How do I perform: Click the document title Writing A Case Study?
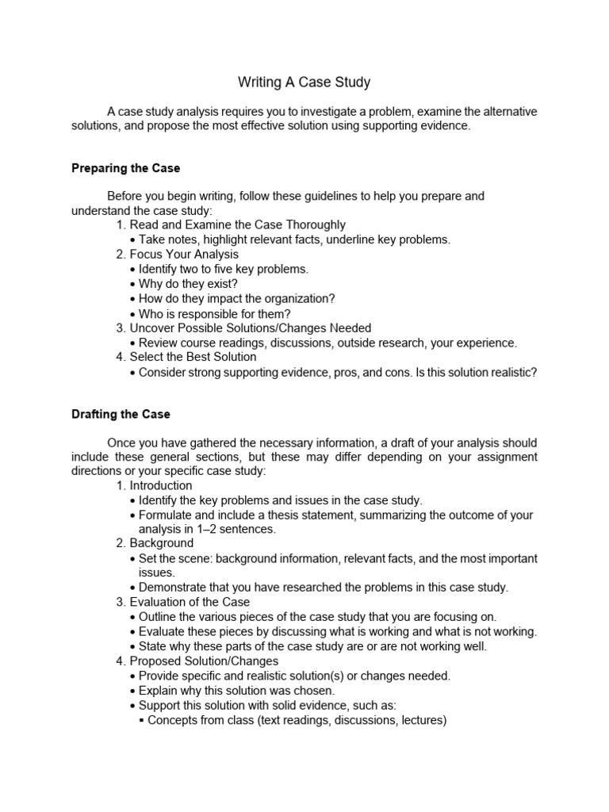coord(304,82)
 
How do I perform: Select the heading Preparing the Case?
coord(126,168)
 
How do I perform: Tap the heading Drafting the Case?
coord(121,414)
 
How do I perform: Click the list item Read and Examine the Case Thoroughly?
coord(237,225)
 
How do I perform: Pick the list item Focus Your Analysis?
coord(183,255)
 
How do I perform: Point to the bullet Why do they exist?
coord(187,284)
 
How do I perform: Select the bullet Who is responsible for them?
coord(214,313)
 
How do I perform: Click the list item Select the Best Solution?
coord(193,357)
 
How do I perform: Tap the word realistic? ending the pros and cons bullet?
coord(510,372)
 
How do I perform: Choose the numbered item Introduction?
coord(160,485)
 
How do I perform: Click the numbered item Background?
coord(161,543)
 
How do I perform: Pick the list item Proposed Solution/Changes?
coord(204,661)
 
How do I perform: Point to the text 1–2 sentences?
coord(237,529)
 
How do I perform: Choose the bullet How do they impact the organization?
coord(236,298)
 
